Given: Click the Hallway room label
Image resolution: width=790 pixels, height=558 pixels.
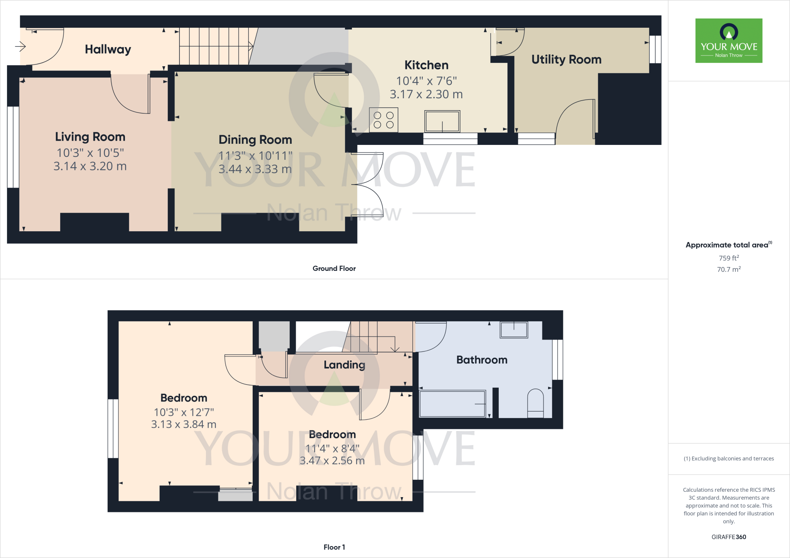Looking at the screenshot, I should tap(108, 49).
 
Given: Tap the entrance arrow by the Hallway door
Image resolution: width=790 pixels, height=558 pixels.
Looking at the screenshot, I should tap(20, 47).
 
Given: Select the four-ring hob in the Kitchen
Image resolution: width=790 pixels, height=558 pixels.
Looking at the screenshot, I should tap(383, 120).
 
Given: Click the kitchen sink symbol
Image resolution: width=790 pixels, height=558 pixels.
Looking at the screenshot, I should tap(442, 121).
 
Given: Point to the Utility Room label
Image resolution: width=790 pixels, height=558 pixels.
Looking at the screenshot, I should tap(566, 59).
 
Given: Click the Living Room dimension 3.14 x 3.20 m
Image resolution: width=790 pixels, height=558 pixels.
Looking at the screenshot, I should tap(90, 166).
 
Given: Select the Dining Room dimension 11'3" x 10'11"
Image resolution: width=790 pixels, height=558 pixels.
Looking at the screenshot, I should tap(255, 156).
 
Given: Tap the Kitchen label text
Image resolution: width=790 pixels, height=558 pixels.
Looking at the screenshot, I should tap(426, 65).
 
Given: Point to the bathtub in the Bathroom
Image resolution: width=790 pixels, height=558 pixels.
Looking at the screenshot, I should tap(452, 403).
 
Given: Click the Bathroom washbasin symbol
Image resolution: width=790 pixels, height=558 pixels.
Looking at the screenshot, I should tap(513, 330).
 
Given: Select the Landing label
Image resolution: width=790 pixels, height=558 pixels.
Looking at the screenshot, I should tap(344, 365).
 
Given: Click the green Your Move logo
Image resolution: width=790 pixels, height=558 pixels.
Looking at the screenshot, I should tap(729, 40).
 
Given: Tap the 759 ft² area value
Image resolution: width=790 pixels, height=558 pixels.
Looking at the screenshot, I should tap(729, 258).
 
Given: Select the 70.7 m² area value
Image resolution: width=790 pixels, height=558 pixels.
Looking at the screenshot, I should tap(729, 269).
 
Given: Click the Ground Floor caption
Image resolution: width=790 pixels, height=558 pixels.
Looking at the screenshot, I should tap(334, 268).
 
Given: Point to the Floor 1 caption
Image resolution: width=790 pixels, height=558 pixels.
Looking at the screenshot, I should tap(334, 547).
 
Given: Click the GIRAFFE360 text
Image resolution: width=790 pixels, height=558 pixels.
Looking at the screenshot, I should tap(729, 537).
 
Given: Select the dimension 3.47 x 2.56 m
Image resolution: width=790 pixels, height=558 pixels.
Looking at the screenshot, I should tap(332, 461).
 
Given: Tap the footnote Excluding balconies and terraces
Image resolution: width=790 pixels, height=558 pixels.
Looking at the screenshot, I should tap(729, 459).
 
